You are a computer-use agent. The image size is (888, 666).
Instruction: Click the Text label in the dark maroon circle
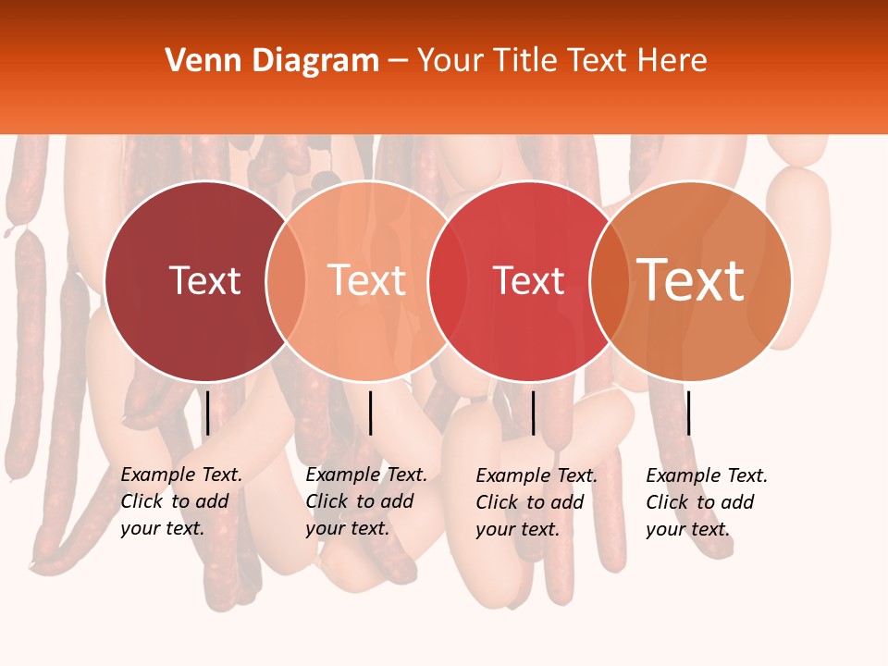[x=204, y=280]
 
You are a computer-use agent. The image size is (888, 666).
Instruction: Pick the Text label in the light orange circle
[x=366, y=280]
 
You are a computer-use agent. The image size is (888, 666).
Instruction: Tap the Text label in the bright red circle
[x=528, y=280]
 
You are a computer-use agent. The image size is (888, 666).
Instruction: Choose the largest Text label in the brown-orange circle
[x=690, y=280]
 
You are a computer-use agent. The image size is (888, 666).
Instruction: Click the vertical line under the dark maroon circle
[x=207, y=413]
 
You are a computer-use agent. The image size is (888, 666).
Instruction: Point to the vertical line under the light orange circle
[x=370, y=413]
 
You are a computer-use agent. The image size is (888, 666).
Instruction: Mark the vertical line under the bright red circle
[x=533, y=413]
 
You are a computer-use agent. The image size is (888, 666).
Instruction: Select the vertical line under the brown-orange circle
[x=688, y=413]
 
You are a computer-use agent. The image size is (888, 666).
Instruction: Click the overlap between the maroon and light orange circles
[x=286, y=280]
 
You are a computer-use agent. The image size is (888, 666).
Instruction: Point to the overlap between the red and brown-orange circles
[x=610, y=280]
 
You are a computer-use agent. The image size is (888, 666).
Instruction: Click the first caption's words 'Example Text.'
[x=181, y=475]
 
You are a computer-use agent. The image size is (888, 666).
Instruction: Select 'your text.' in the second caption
[x=347, y=528]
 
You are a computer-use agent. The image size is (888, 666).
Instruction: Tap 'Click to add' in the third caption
[x=530, y=502]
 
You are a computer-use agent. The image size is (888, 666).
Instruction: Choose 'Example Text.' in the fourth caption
[x=707, y=475]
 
